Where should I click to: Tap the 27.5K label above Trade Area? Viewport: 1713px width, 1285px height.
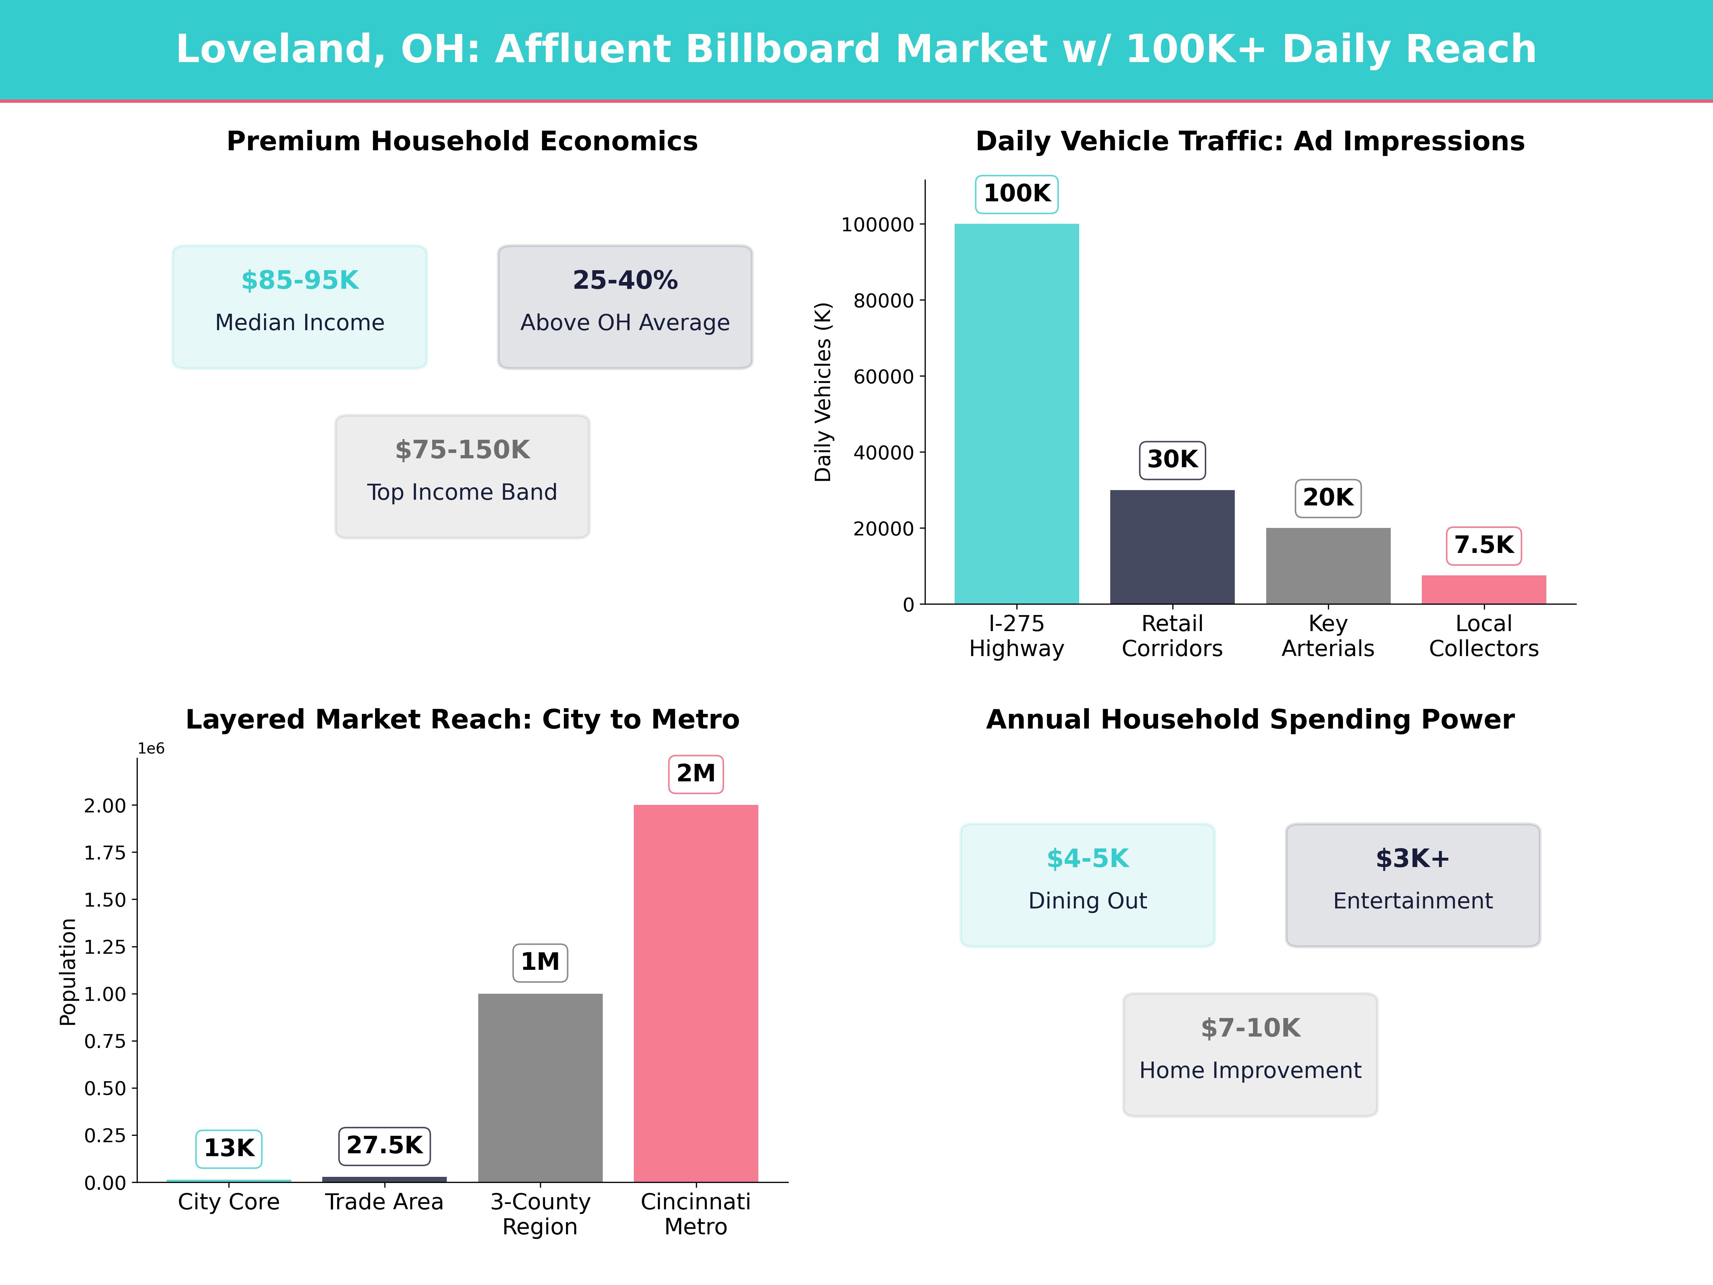[384, 1145]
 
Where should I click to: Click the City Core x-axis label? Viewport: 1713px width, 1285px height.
[228, 1202]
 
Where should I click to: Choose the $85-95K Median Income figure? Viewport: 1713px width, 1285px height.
[300, 281]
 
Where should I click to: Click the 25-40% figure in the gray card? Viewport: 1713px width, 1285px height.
[625, 281]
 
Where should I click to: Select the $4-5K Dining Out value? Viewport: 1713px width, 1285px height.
[1087, 859]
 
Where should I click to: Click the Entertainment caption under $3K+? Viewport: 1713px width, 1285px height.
[1413, 901]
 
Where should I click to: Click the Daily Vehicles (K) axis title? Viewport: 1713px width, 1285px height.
[823, 392]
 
